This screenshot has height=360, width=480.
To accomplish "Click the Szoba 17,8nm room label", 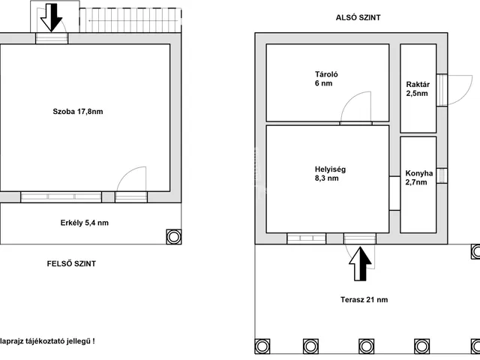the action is click(x=78, y=112).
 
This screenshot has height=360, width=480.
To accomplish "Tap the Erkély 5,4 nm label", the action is click(x=85, y=223).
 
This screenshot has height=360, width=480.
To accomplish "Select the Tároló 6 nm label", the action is click(x=326, y=79).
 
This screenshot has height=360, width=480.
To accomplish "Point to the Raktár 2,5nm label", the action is click(x=418, y=88).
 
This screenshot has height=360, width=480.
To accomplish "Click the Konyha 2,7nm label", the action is click(x=419, y=178).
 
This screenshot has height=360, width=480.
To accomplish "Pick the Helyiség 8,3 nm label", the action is click(x=330, y=173).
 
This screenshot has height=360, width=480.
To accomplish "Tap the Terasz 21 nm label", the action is click(x=364, y=300).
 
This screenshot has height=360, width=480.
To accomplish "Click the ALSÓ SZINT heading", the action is click(x=358, y=17).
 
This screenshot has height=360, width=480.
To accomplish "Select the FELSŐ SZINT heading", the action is click(x=71, y=263).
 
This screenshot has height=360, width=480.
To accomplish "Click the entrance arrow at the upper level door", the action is click(x=51, y=17).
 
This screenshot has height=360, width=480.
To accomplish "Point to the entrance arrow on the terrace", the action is click(x=360, y=264).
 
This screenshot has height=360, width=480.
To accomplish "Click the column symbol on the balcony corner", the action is click(x=174, y=237).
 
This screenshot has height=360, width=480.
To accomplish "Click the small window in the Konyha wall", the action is click(x=442, y=175).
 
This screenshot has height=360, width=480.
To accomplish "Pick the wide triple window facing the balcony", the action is click(x=61, y=196).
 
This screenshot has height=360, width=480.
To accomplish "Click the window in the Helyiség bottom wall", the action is click(x=307, y=238).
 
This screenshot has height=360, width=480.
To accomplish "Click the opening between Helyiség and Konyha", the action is click(x=394, y=193).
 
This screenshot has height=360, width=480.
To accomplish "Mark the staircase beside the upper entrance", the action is click(x=130, y=20).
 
